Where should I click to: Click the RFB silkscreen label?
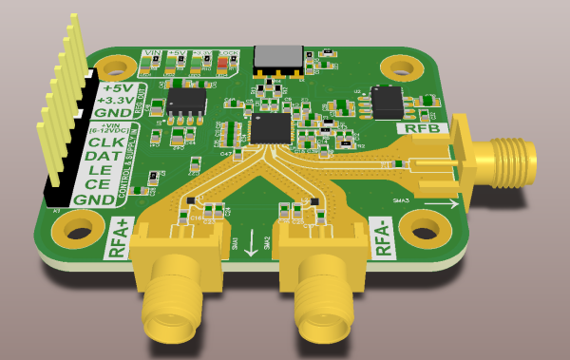tap(422, 128)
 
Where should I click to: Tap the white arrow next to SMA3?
tap(437, 202)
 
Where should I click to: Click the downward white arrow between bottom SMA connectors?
tap(250, 243)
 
